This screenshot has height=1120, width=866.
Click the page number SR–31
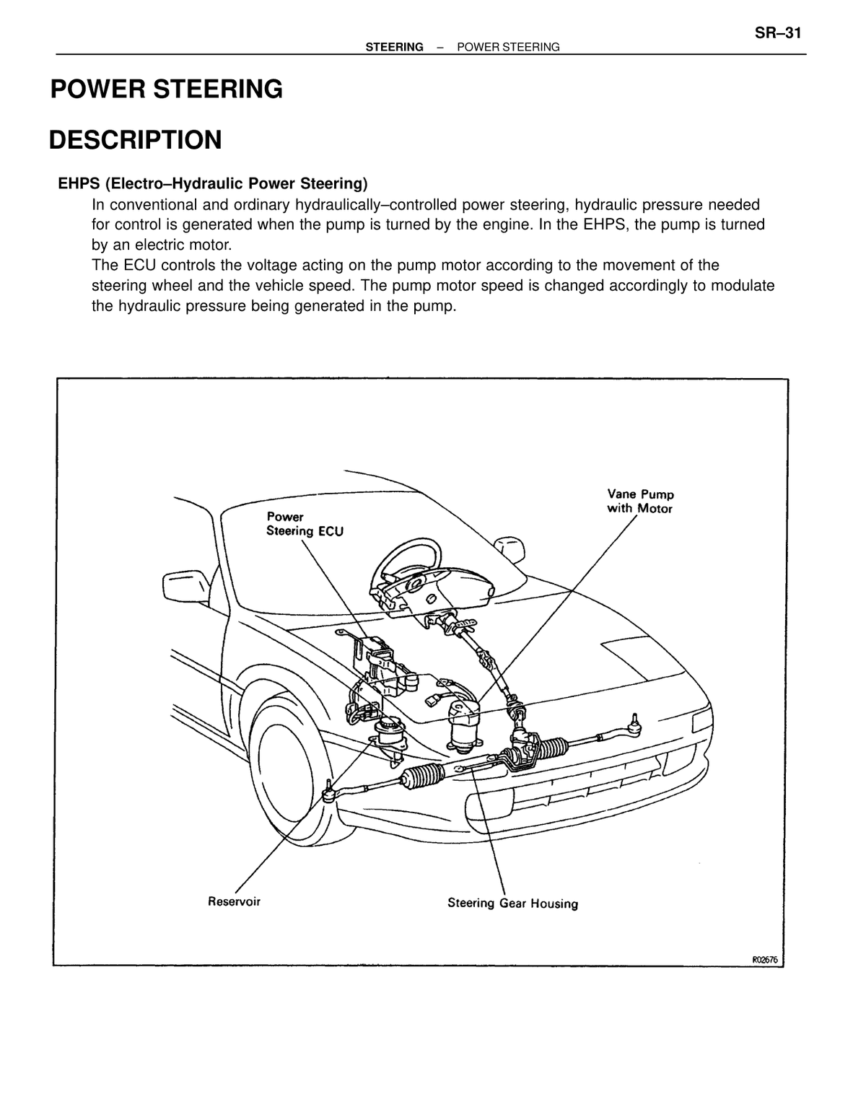pyautogui.click(x=777, y=33)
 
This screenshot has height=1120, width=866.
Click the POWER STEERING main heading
pyautogui.click(x=167, y=89)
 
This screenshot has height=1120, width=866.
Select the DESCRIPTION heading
pyautogui.click(x=136, y=140)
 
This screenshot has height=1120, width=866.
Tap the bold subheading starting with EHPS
pyautogui.click(x=213, y=183)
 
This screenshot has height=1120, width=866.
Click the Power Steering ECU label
pyautogui.click(x=305, y=524)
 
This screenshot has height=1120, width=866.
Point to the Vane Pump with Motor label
pyautogui.click(x=640, y=501)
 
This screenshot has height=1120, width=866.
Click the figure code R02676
pyautogui.click(x=765, y=960)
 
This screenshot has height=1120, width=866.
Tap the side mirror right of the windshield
pyautogui.click(x=509, y=548)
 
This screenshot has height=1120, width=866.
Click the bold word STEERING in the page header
pyautogui.click(x=394, y=48)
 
